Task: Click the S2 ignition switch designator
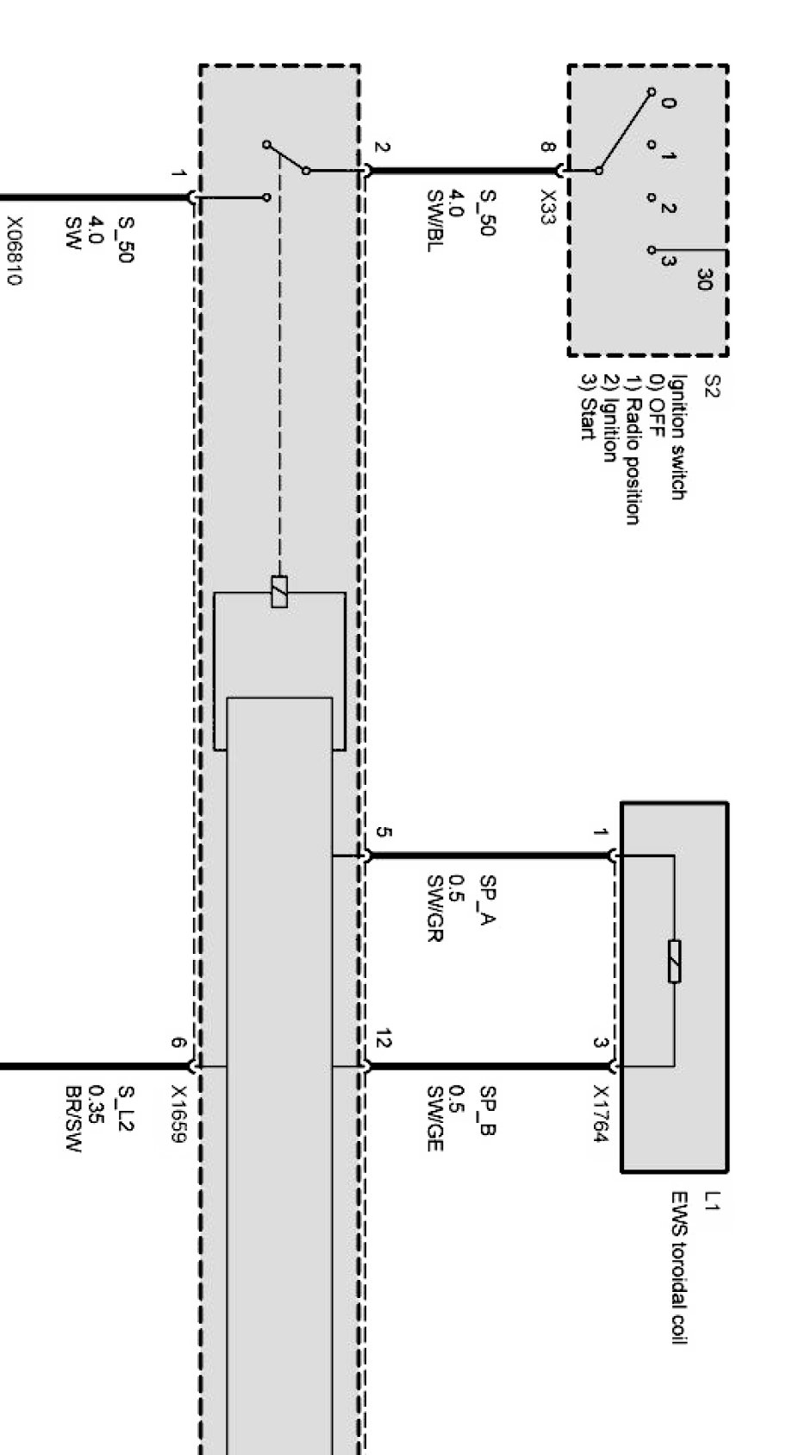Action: click(712, 386)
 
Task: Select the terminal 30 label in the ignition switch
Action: click(705, 279)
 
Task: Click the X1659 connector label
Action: click(178, 1114)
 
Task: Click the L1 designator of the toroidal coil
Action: click(712, 1201)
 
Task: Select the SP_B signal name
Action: click(488, 1110)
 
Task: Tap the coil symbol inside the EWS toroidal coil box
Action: click(674, 961)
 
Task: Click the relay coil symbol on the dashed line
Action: click(279, 591)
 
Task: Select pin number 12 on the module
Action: click(384, 1042)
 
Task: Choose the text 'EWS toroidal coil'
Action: click(679, 1268)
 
